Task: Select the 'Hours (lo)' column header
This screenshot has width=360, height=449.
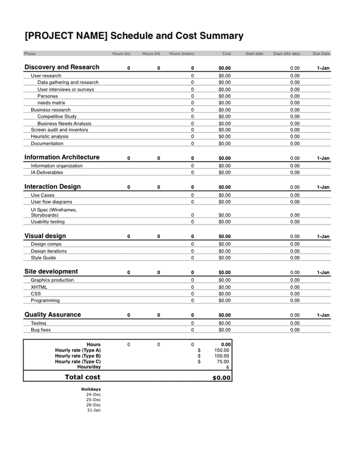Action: coord(122,54)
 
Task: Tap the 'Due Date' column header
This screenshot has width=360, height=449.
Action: coord(321,54)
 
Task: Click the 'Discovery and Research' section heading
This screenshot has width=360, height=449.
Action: coord(61,67)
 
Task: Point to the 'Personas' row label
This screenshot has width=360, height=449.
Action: coord(48,96)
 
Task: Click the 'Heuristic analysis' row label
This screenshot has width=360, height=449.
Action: coord(50,136)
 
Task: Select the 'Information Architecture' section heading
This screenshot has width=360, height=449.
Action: coord(61,158)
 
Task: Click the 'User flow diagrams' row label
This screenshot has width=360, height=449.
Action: coord(53,201)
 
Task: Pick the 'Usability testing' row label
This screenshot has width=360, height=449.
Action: coord(48,222)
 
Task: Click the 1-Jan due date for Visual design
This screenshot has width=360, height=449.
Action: coord(323,237)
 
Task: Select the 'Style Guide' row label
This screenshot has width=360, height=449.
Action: coord(44,258)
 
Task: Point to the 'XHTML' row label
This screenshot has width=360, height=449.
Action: coord(39,287)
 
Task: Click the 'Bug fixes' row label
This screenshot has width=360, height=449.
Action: coord(41,330)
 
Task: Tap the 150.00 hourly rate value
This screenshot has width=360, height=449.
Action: coord(222,350)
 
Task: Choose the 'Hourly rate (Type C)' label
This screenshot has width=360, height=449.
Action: coord(78,362)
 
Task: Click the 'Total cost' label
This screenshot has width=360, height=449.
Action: coord(82,377)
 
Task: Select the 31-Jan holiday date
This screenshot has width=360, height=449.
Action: coord(93,410)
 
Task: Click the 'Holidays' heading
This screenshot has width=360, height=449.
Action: coord(91,389)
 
